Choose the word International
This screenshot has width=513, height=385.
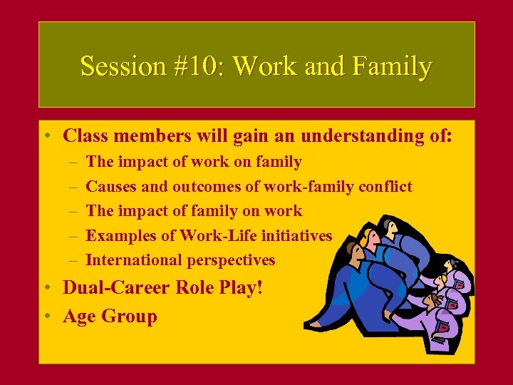point(133,260)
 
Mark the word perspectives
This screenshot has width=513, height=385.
point(231,260)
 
